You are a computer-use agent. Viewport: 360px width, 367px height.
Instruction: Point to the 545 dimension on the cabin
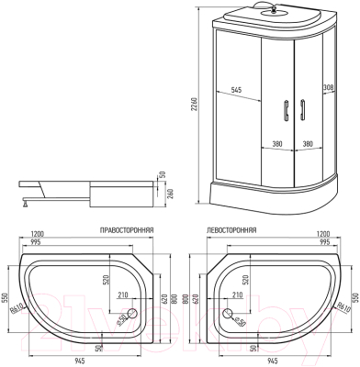point(237,90)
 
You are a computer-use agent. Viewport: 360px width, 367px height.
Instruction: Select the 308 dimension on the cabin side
point(329,89)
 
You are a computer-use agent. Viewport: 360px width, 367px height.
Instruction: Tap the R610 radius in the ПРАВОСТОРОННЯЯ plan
point(17,314)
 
